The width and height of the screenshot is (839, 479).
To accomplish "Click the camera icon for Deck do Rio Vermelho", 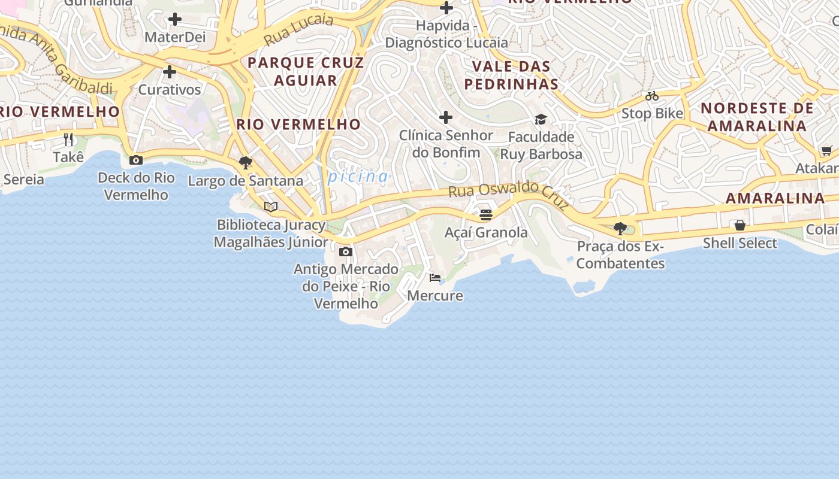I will [x=136, y=160].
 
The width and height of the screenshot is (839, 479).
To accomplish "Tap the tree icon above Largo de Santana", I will [x=245, y=162].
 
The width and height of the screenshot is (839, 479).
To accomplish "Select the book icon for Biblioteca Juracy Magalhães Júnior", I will [x=271, y=207].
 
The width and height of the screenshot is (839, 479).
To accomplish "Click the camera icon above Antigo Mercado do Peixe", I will [x=346, y=251].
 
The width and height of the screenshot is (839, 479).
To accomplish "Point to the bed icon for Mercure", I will [x=435, y=278].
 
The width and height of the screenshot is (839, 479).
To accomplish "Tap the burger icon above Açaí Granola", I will [x=486, y=214].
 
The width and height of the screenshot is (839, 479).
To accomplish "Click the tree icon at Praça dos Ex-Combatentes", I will [x=620, y=228].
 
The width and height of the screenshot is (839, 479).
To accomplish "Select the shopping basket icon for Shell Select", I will [x=740, y=225].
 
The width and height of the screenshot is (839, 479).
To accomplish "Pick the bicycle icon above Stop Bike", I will [x=652, y=96].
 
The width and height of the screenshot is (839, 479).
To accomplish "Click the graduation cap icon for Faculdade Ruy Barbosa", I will [x=541, y=119].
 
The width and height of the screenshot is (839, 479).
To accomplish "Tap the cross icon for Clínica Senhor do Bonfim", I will [x=446, y=117].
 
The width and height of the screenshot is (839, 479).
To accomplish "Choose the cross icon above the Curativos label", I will [x=170, y=72].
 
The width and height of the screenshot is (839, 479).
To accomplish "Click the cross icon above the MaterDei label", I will [x=175, y=19].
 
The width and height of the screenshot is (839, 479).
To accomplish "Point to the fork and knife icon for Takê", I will [x=68, y=140].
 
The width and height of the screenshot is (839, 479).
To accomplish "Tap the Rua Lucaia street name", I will [x=298, y=29].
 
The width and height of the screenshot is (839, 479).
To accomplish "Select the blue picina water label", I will [x=358, y=177].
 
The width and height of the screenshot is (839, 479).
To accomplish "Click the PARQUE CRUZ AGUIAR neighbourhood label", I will [x=306, y=71].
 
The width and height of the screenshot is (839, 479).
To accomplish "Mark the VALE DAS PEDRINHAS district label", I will [x=511, y=75].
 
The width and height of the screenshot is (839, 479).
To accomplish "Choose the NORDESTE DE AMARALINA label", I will [x=757, y=117].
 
